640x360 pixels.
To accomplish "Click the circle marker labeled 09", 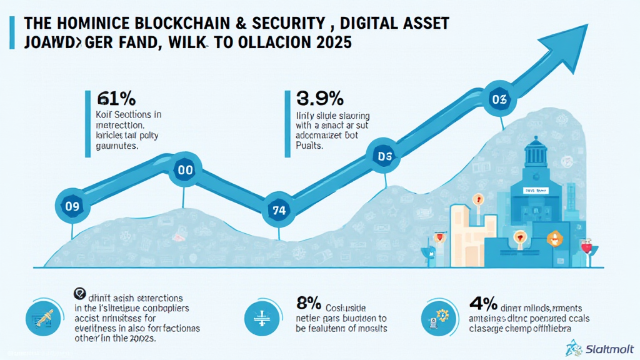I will pos(71,206).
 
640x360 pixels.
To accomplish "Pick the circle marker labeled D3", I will pos(382,157).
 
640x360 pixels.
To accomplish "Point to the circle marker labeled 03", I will pos(500,99).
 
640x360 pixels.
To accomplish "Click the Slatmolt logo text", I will pos(609,347).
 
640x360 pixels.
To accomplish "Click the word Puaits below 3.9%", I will pos(309,145).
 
